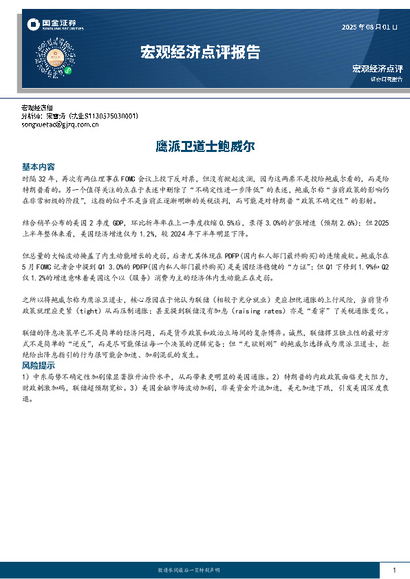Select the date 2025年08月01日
click(x=370, y=27)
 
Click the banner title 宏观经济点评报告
click(x=200, y=52)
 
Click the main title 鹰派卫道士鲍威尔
click(x=205, y=146)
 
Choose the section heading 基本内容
click(x=39, y=167)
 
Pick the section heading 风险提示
click(x=39, y=365)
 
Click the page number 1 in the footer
click(x=393, y=571)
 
